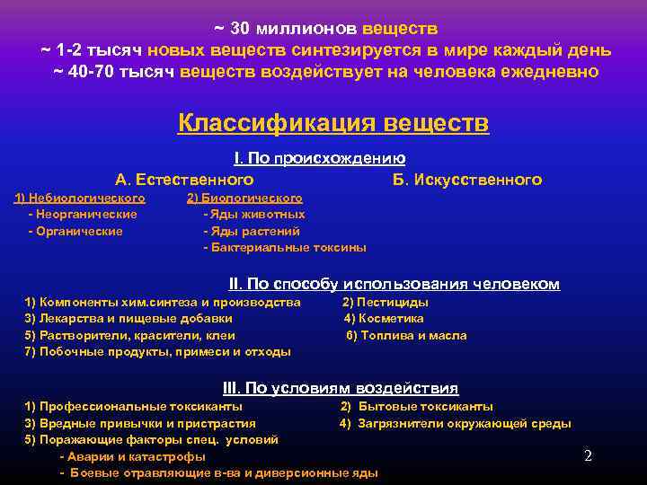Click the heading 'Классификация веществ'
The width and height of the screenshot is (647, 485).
[x=332, y=122]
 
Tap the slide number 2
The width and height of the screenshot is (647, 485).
[x=588, y=455]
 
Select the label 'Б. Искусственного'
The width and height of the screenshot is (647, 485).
[x=467, y=180]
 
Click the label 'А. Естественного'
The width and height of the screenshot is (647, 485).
[x=184, y=180]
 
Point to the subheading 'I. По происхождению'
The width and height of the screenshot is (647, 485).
[x=319, y=159]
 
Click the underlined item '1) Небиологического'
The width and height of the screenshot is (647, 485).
[x=80, y=198]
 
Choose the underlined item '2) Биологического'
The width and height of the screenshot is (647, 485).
[x=244, y=198]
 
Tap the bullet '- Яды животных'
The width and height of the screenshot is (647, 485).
[x=254, y=215]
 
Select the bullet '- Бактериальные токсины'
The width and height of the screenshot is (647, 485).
[x=285, y=247]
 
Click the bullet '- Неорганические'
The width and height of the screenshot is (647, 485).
[x=83, y=215]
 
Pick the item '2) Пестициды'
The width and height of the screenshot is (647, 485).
[x=386, y=302]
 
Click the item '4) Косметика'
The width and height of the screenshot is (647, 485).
[x=385, y=318]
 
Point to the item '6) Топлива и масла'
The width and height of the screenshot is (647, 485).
[x=406, y=335]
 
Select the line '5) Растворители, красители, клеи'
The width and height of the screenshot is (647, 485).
[x=130, y=335]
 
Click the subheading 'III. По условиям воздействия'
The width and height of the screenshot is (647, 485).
[x=340, y=388]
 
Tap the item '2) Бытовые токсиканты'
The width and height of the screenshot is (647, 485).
[x=416, y=406]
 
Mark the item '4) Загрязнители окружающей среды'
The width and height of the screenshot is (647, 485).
[x=455, y=423]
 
